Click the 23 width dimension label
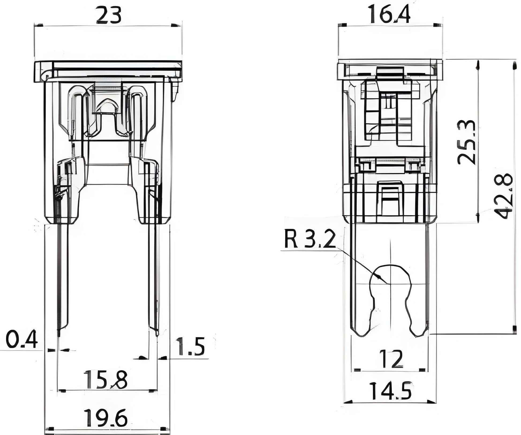[108, 16]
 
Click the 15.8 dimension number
[105, 380]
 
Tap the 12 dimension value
[391, 359]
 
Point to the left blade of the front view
[63, 278]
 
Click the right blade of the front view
[154, 278]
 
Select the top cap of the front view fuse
[108, 71]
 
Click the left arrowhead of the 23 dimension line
[39, 25]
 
